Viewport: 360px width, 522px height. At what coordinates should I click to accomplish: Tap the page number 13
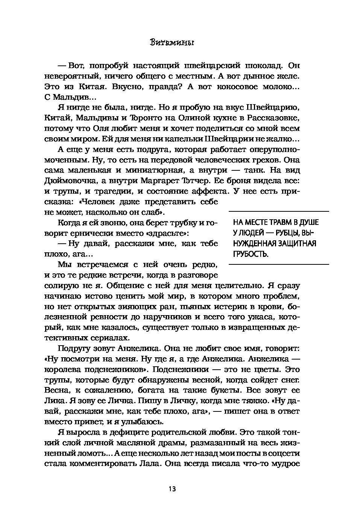[172, 489]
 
